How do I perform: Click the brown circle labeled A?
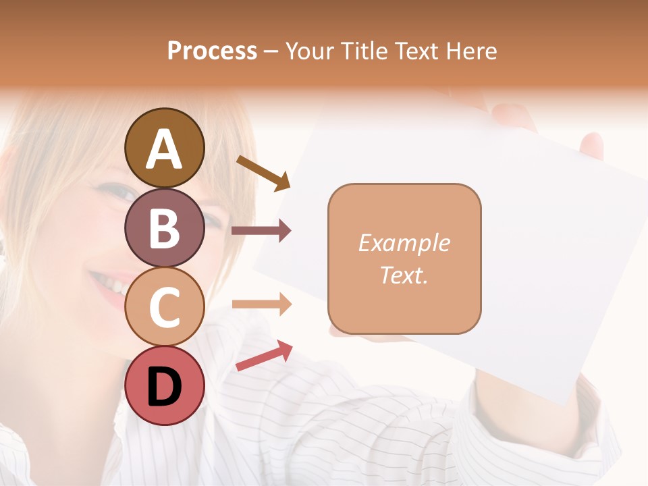point(164,148)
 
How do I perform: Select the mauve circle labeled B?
point(164,227)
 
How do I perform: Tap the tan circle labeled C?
point(164,306)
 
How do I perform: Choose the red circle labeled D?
point(164,385)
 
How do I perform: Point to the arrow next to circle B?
point(261,231)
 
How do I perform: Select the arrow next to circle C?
point(261,304)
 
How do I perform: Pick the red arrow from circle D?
point(264,356)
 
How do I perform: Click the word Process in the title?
point(212,51)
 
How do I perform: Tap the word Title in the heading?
point(365,51)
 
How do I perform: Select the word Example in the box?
point(404,243)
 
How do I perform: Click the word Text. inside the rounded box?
point(404,275)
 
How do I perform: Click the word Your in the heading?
point(310,51)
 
